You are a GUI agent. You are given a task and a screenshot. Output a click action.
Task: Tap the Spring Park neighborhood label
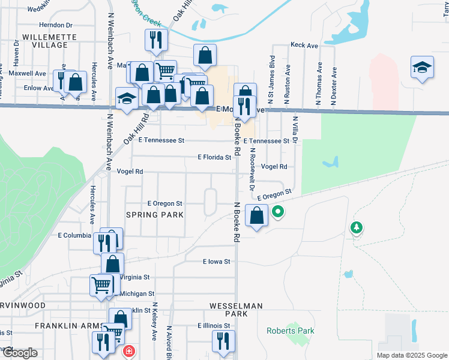(153, 215)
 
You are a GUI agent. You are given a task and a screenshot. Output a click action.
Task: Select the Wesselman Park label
(236, 310)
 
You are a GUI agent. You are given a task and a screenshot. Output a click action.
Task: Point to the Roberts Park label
(291, 331)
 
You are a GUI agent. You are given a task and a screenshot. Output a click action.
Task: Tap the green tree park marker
(357, 227)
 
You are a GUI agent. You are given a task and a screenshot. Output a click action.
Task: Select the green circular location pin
(277, 211)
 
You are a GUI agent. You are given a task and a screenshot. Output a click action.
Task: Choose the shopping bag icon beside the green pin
(256, 215)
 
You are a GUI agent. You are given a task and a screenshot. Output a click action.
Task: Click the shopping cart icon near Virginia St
(101, 285)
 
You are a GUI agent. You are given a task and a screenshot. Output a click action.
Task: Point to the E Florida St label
(214, 157)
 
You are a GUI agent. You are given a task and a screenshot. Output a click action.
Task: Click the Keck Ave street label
(304, 45)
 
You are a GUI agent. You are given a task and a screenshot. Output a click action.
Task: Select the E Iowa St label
(217, 262)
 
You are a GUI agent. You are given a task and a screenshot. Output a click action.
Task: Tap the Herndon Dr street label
(55, 25)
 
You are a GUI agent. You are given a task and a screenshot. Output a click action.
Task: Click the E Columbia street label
(74, 235)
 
